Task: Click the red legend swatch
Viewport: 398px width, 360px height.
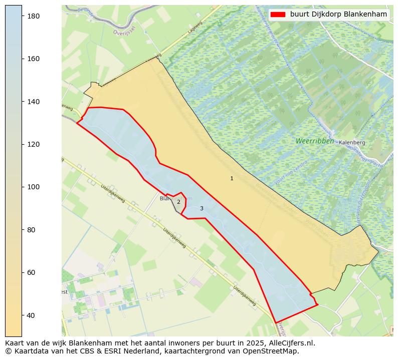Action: (x=278, y=15)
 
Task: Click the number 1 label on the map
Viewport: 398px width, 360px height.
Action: (x=232, y=179)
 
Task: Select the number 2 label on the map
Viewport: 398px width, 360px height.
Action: (x=178, y=202)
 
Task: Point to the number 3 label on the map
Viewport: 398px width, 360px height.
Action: (x=202, y=209)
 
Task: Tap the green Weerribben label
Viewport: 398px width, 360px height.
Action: (x=314, y=141)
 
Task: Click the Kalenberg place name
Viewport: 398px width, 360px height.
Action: (x=352, y=143)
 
